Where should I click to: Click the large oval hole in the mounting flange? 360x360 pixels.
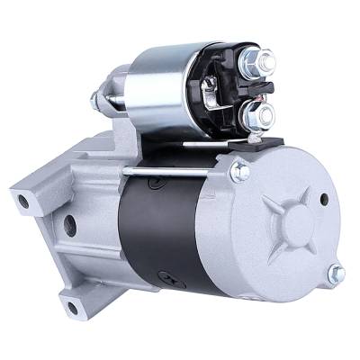tap(70, 225)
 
